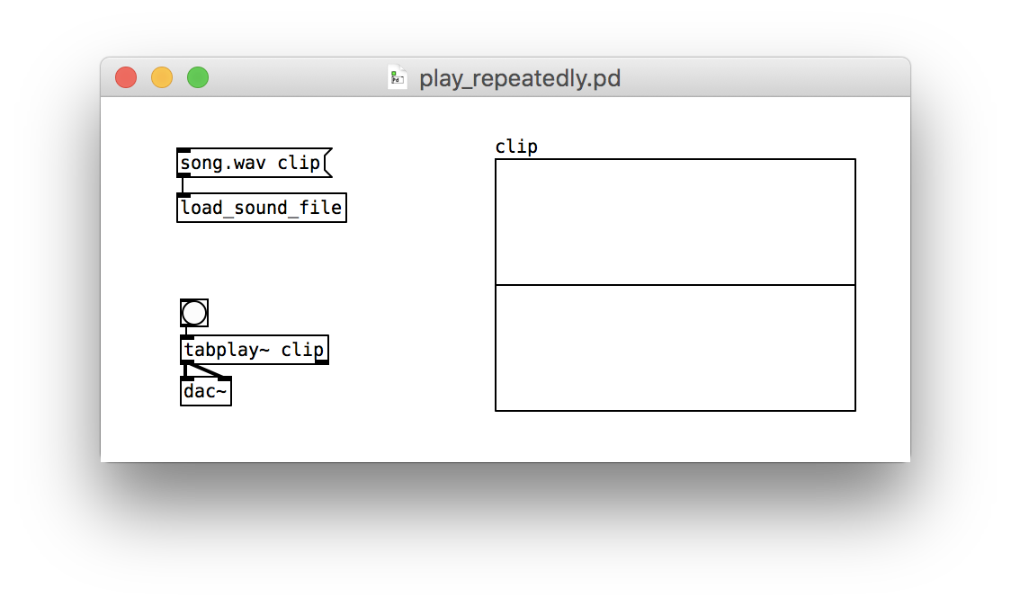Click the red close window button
[x=126, y=77]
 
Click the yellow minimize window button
[x=162, y=77]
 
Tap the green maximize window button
[x=198, y=77]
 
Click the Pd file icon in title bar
[x=398, y=77]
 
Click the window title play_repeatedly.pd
[x=520, y=78]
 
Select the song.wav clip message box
[x=254, y=163]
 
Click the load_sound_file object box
[x=261, y=208]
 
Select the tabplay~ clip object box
[x=254, y=350]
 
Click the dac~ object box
[x=206, y=391]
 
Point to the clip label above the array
[x=515, y=147]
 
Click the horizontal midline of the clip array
[x=675, y=284]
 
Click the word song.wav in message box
[x=222, y=163]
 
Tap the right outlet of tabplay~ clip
[x=322, y=362]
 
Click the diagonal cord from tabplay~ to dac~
[x=206, y=370]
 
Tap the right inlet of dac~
[x=225, y=379]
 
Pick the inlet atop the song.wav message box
[x=183, y=150]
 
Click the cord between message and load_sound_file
[x=183, y=185]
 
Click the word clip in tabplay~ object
[x=302, y=350]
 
